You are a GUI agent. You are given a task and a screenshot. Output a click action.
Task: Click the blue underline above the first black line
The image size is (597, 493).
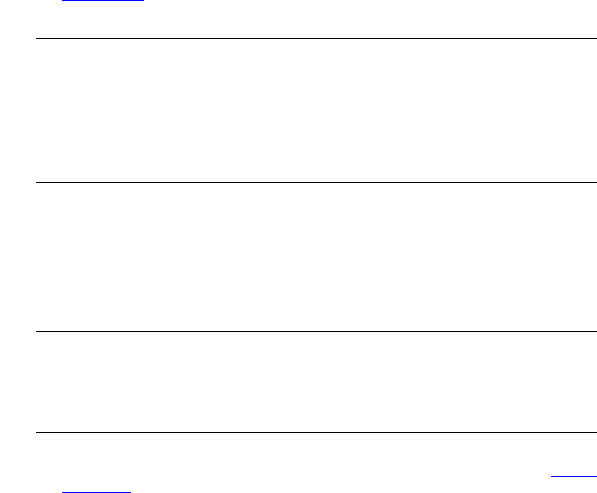click(x=103, y=1)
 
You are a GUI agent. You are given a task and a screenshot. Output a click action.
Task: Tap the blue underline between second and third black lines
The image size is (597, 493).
click(x=103, y=277)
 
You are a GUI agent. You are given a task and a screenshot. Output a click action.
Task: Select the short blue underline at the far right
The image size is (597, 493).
click(x=574, y=475)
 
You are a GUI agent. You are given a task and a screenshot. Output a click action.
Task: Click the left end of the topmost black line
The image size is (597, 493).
click(x=36, y=38)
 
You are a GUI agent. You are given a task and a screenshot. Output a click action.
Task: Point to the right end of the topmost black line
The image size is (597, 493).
click(x=596, y=38)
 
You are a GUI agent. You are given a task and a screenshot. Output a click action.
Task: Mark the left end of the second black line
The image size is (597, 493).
click(x=36, y=182)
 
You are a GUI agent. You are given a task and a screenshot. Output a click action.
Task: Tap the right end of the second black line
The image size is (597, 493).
click(x=596, y=182)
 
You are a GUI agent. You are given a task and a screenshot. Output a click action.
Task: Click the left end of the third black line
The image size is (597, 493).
click(x=36, y=332)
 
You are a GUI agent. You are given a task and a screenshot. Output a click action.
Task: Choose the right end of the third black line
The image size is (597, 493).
click(x=596, y=332)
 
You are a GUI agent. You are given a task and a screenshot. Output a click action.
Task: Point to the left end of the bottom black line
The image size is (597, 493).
click(x=36, y=432)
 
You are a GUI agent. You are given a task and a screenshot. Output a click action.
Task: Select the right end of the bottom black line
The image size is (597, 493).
click(x=596, y=432)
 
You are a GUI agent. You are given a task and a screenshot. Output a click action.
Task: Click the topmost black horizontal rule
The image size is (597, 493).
click(x=315, y=38)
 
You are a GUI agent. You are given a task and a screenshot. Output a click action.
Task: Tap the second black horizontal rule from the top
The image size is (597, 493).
click(x=315, y=182)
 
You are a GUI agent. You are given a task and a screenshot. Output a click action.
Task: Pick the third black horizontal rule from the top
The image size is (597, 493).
click(x=315, y=332)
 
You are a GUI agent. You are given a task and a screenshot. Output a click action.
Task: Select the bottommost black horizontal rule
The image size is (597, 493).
click(x=315, y=432)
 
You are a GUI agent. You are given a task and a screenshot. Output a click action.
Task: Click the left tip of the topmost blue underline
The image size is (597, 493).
click(x=62, y=1)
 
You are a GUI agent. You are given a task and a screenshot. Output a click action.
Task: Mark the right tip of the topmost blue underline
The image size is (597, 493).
click(x=144, y=1)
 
